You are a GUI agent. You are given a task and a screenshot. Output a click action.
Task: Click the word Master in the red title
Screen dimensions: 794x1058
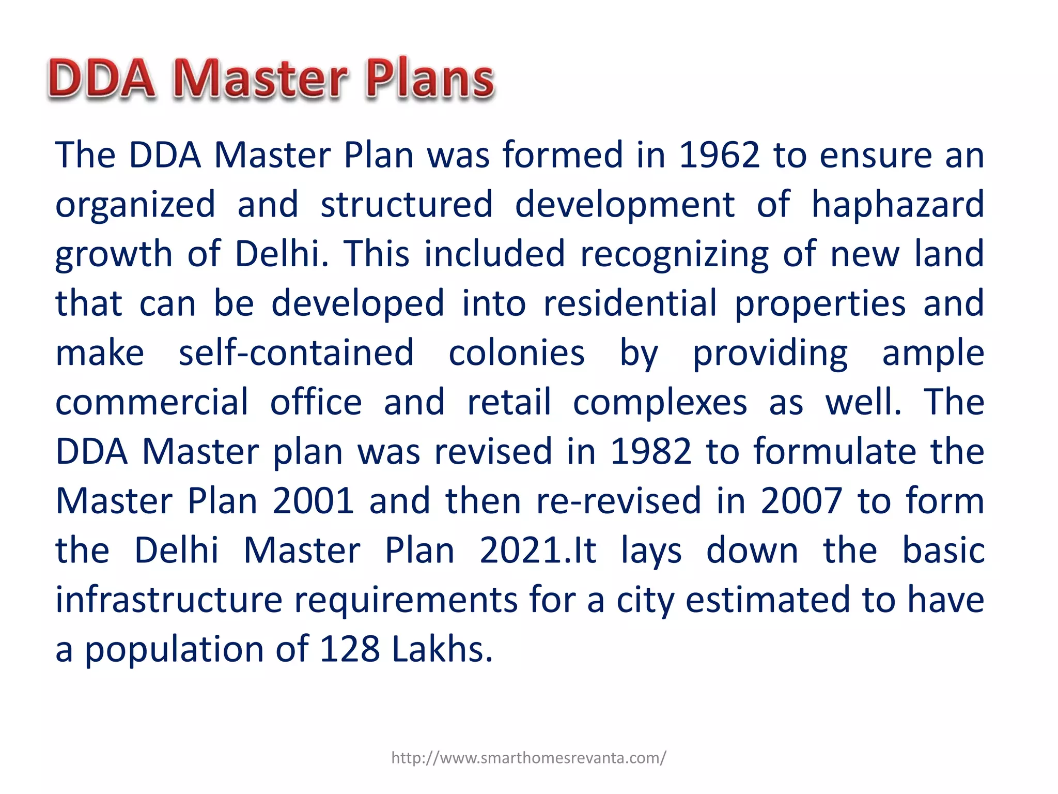(261, 79)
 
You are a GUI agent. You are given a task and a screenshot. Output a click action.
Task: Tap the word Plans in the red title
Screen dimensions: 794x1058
(430, 79)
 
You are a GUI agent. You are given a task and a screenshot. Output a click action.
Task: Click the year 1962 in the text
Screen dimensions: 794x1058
(719, 155)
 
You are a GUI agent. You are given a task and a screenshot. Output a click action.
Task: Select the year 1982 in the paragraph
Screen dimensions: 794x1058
(650, 451)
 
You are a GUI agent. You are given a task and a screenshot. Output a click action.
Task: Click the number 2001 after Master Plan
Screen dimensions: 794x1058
(313, 501)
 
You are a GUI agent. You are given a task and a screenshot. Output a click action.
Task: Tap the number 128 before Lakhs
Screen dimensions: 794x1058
(350, 649)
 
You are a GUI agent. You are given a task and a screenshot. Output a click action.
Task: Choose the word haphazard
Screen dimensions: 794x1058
(898, 205)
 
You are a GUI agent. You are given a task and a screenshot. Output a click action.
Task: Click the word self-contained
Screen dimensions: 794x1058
(296, 353)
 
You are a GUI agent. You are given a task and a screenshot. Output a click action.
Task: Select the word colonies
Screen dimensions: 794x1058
(517, 353)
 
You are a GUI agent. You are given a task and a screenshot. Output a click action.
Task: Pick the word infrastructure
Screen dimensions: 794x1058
(169, 600)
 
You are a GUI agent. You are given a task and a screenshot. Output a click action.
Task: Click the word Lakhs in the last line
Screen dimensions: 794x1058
(442, 649)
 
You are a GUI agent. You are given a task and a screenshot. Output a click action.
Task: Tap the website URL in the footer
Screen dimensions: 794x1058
(528, 758)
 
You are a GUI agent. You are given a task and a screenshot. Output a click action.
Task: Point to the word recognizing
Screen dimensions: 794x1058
(674, 254)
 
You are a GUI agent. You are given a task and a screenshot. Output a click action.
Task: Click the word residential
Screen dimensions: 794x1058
(630, 303)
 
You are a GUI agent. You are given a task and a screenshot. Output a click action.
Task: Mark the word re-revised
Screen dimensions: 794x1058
(619, 501)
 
